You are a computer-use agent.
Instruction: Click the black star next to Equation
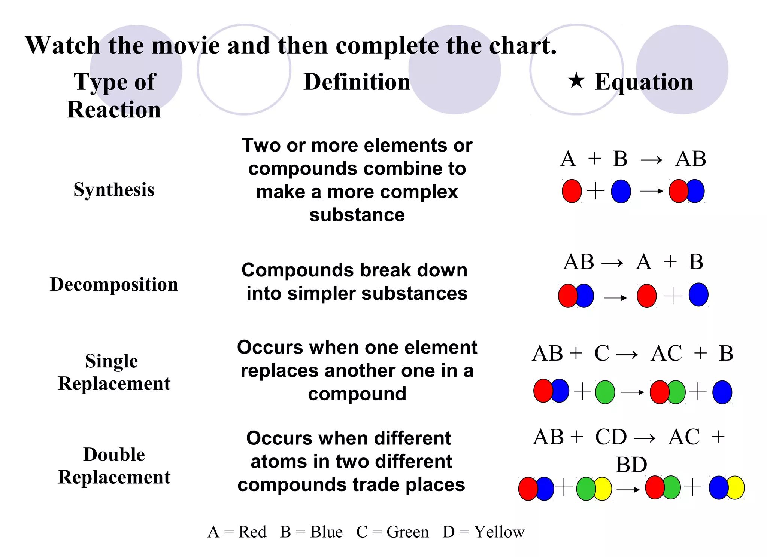[x=576, y=80]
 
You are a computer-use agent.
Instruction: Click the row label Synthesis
[x=114, y=189]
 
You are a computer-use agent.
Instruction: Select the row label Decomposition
[x=114, y=284]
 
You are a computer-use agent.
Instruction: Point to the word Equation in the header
[x=644, y=82]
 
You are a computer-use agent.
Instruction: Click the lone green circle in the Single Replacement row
[x=605, y=392]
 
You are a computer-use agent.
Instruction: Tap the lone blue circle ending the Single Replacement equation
[x=722, y=392]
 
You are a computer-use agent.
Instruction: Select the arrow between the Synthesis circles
[x=652, y=191]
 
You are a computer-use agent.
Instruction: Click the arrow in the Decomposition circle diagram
[x=615, y=298]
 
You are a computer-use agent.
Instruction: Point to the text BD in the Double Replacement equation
[x=631, y=465]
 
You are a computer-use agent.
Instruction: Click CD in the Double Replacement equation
[x=611, y=437]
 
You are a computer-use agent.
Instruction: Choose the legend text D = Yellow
[x=483, y=532]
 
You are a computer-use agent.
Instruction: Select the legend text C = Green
[x=392, y=532]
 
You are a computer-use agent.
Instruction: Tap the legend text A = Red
[x=237, y=532]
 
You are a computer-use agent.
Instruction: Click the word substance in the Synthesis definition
[x=357, y=215]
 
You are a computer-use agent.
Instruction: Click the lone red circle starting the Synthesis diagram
[x=572, y=191]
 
